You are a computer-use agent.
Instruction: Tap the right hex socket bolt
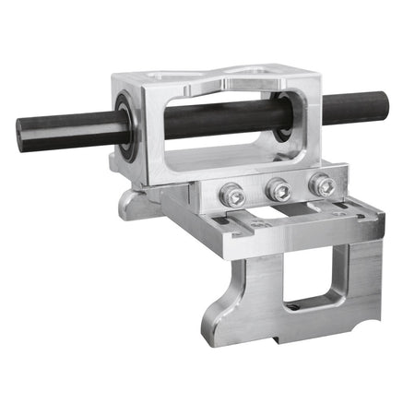coord(323,185)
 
